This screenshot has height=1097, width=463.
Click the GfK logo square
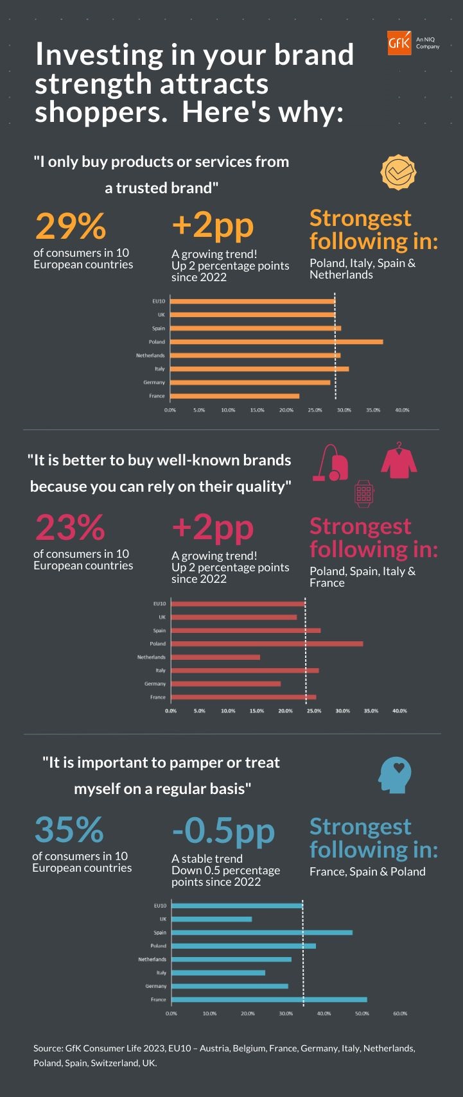399,43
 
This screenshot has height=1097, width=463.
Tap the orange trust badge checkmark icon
399,172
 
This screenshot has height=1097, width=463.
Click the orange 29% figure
71,226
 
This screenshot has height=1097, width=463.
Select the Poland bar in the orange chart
277,341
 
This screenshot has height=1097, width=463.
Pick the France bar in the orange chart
235,396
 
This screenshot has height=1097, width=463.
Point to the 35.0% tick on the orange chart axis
373,410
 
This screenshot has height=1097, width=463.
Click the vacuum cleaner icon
330,463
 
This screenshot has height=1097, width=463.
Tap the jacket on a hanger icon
399,460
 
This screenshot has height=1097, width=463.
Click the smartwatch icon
364,494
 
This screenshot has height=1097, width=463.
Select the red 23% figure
69,528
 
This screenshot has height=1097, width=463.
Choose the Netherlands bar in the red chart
216,657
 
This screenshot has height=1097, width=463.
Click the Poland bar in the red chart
267,644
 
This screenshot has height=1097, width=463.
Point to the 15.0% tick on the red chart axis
256,711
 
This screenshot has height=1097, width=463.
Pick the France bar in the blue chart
269,999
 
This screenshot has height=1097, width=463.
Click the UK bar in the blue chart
212,919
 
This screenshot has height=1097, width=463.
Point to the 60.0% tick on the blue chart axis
400,1014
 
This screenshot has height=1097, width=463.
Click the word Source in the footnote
48,1048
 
